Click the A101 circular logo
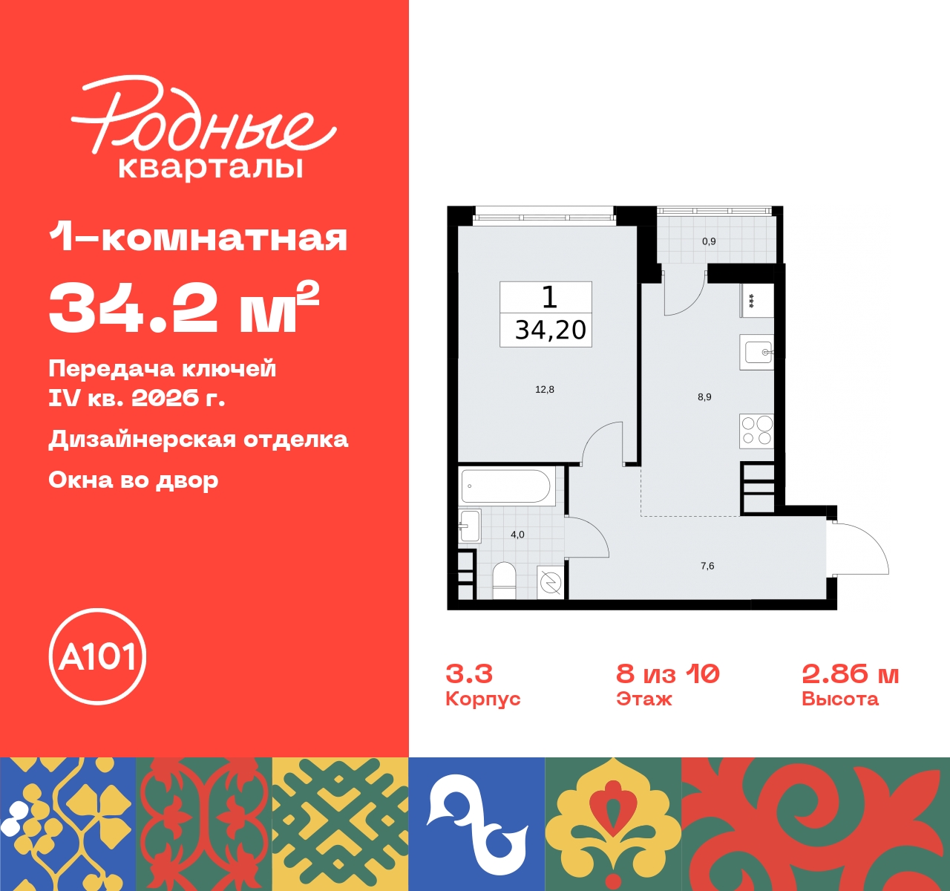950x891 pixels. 97,656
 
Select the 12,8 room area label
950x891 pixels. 545,389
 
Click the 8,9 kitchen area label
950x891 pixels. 704,397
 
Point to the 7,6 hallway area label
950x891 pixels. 707,566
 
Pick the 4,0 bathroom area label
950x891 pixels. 517,535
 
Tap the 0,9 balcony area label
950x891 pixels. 709,241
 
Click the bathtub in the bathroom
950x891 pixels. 506,486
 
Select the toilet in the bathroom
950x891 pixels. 505,579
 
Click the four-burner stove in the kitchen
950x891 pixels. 756,431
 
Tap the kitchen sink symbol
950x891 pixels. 757,352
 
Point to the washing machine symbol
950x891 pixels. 551,583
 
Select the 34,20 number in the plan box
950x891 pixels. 550,330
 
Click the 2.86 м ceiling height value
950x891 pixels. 850,674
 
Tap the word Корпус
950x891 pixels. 482,699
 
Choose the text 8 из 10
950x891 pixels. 667,674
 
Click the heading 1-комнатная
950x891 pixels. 198,238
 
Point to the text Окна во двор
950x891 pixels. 134,480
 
